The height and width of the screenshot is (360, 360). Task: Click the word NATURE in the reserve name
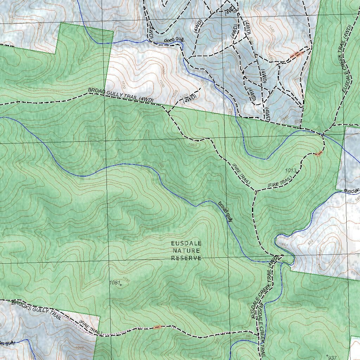coord(186,251)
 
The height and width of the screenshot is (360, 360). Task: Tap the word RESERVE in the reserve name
coord(186,258)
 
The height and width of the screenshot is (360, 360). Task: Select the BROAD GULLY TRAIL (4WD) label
coord(121,95)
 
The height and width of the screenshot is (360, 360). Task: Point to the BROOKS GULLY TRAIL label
coord(36,310)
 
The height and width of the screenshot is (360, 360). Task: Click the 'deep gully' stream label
coord(174,40)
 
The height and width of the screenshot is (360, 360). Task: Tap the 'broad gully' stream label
coord(225,211)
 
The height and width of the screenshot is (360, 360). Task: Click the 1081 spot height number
coord(115,282)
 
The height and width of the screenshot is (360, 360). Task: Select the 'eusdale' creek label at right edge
coord(352,191)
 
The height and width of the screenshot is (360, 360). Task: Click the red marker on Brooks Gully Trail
coord(157,327)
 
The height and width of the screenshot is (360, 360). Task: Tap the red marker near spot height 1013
coord(318,154)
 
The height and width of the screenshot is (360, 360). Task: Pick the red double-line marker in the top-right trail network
coord(297,54)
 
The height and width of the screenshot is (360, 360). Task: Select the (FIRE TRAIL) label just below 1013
coord(280,181)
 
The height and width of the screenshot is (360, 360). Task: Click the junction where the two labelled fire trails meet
coord(255,191)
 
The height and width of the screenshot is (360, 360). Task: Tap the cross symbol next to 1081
coord(121,285)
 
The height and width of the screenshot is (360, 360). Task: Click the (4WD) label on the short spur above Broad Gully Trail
coord(189,99)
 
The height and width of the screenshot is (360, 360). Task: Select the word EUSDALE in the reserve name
coord(186,243)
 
